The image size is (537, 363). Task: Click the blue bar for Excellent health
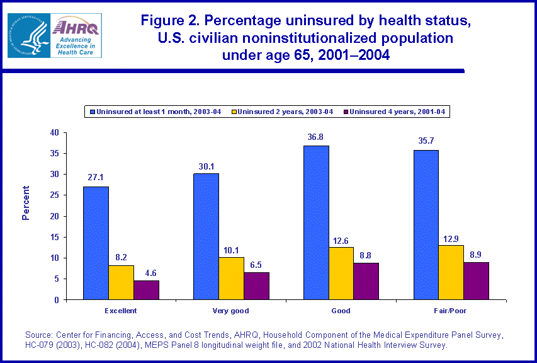[x=96, y=243]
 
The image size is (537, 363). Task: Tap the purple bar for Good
[x=366, y=281]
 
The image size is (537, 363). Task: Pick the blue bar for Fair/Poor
[x=426, y=224]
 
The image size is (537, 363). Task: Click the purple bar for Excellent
[x=146, y=290]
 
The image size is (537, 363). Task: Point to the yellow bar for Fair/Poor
[x=451, y=272]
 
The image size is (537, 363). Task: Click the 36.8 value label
[x=316, y=137]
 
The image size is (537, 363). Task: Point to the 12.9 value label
[x=451, y=237]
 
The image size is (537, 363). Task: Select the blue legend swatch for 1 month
[x=91, y=112]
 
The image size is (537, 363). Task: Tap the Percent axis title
[x=26, y=202]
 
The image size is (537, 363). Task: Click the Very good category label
[x=231, y=311]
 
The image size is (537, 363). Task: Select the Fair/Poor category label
[x=451, y=311]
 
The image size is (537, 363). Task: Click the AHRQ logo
[x=54, y=35]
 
